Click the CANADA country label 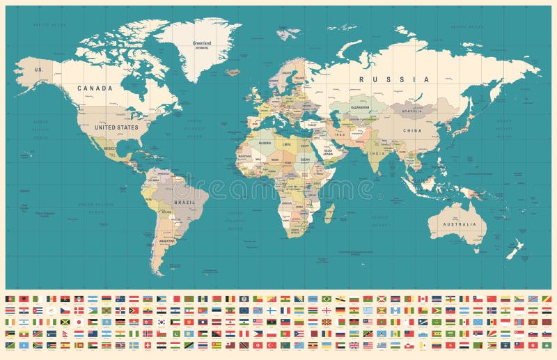tap(94, 88)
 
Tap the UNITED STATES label tap(116, 127)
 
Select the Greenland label tap(201, 42)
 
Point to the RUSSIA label tap(384, 79)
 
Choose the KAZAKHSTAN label tap(360, 109)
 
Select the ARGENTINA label tap(167, 240)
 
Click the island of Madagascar tap(329, 212)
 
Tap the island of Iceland tap(233, 72)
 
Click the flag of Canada tap(423, 299)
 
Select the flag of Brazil tap(327, 299)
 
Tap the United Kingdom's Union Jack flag tap(354, 345)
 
